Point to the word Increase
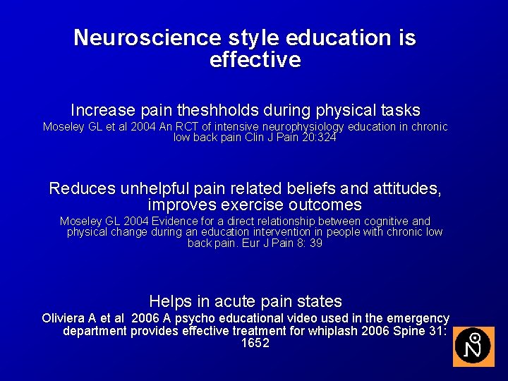tap(103, 111)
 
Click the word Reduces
tap(83, 189)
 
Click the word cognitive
tap(382, 222)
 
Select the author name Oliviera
tap(68, 318)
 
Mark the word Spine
tap(410, 331)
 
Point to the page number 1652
tap(255, 344)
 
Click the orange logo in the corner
tap(473, 346)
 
